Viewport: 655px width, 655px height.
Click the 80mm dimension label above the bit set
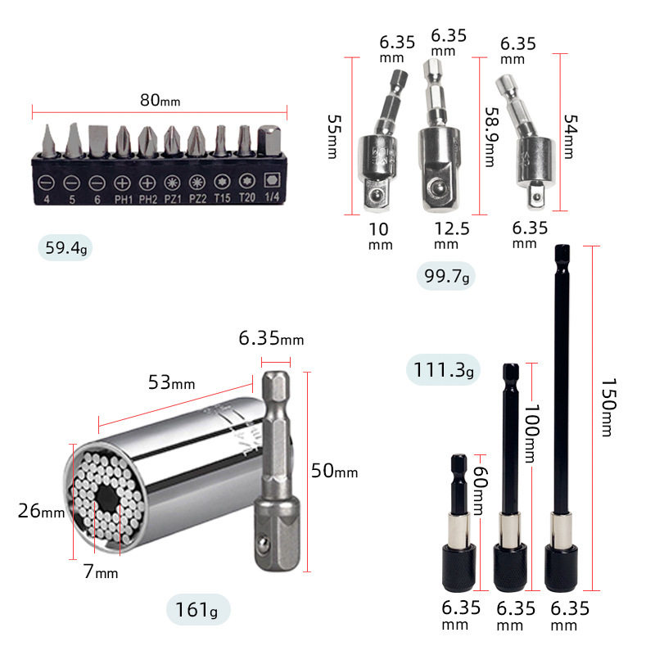point(160,100)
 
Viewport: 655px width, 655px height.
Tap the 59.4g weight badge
point(65,248)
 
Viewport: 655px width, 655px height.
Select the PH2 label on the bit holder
point(148,199)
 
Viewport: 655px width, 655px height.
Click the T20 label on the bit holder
point(247,197)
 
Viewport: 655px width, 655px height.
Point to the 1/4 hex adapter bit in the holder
point(269,140)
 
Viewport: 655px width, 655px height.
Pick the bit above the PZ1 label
point(172,141)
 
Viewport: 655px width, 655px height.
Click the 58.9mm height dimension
point(492,137)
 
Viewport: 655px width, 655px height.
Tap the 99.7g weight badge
point(446,276)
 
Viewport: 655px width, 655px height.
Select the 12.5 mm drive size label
point(452,235)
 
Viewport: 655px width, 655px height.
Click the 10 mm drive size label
point(380,236)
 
